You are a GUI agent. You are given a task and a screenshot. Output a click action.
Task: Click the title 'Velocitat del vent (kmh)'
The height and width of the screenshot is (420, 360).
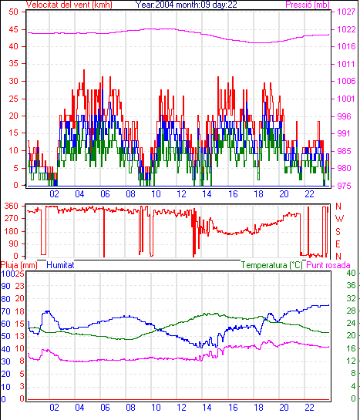[69, 5]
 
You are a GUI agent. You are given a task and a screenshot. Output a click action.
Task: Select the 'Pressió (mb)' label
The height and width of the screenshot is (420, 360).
[308, 5]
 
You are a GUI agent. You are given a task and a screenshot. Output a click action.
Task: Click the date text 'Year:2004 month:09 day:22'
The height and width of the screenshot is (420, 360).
[186, 5]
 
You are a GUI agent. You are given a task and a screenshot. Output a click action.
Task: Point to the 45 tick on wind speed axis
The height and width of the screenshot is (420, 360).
[13, 29]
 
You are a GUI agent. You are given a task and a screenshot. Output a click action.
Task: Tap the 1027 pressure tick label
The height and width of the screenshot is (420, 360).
[346, 12]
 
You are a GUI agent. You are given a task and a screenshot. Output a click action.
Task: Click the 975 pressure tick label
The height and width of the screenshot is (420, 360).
[344, 186]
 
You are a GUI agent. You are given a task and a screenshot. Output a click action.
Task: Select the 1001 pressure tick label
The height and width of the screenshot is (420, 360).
[346, 99]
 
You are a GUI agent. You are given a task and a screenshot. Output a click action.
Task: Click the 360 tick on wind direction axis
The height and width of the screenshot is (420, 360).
[11, 206]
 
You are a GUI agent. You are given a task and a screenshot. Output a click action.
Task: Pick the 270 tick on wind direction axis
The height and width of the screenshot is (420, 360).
[11, 218]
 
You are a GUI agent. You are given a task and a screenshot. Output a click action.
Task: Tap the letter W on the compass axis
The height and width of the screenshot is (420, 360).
[339, 219]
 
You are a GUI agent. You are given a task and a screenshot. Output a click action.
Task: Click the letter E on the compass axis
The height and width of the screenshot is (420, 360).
[338, 244]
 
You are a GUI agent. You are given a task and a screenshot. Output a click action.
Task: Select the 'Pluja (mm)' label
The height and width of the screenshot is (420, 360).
[19, 265]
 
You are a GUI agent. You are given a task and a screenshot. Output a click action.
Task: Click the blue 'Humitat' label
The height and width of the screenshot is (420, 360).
[60, 265]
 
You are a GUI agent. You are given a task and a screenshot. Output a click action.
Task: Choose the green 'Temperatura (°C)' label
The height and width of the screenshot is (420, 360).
[272, 265]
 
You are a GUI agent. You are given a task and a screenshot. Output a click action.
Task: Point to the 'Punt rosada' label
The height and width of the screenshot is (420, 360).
[328, 265]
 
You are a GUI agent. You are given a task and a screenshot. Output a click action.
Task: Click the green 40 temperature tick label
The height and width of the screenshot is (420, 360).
[352, 273]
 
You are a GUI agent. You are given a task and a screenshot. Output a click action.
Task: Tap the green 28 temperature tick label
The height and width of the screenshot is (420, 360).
[352, 311]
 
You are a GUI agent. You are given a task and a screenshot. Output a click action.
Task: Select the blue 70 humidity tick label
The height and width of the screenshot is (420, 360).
[6, 311]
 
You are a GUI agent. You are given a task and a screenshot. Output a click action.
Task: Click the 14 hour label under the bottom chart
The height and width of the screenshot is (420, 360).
[207, 408]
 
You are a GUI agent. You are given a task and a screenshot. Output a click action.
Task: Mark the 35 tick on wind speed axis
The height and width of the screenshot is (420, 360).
[13, 64]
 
